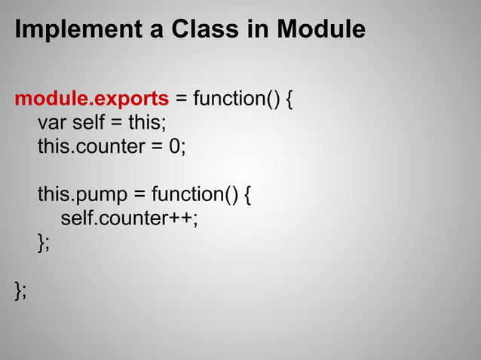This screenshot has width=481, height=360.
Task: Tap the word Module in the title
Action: tap(321, 30)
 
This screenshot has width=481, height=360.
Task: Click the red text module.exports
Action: tap(91, 99)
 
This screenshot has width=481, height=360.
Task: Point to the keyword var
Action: tap(51, 123)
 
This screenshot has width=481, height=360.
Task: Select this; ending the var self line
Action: tap(149, 123)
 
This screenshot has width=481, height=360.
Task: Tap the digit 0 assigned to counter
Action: tap(173, 147)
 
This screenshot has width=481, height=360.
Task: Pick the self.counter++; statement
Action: tap(130, 219)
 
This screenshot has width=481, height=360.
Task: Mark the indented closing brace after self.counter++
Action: tap(43, 243)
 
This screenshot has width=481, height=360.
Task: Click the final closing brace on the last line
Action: tap(20, 291)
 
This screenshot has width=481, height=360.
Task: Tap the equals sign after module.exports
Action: tap(182, 99)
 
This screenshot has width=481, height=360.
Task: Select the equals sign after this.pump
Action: tap(139, 195)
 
